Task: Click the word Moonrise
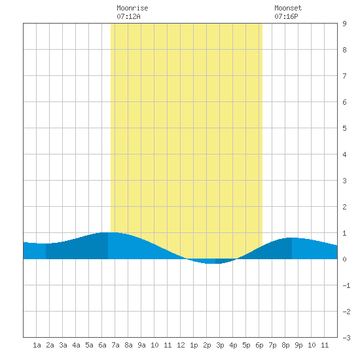132,8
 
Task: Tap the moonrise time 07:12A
128,16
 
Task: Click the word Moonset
288,8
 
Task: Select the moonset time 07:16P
286,16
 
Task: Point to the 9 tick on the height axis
344,24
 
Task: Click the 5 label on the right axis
344,128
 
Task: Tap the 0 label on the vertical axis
344,259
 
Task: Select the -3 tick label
346,338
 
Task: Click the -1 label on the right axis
346,285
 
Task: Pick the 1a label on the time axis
37,345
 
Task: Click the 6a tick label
102,345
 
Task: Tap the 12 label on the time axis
181,345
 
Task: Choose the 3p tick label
220,345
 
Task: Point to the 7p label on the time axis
272,345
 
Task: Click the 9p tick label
298,345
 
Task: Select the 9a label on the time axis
141,345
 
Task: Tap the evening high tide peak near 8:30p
292,238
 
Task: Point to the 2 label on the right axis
344,207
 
